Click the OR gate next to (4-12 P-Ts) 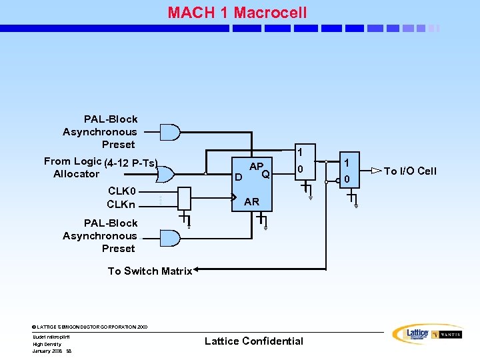[165, 174]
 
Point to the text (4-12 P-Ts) [131, 163]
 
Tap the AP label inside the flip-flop [257, 166]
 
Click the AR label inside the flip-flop [252, 201]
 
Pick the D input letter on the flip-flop [237, 177]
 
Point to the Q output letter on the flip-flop [265, 175]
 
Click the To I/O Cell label [410, 171]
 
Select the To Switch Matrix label [150, 271]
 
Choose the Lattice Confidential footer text [253, 341]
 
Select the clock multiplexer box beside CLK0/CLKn [184, 197]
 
